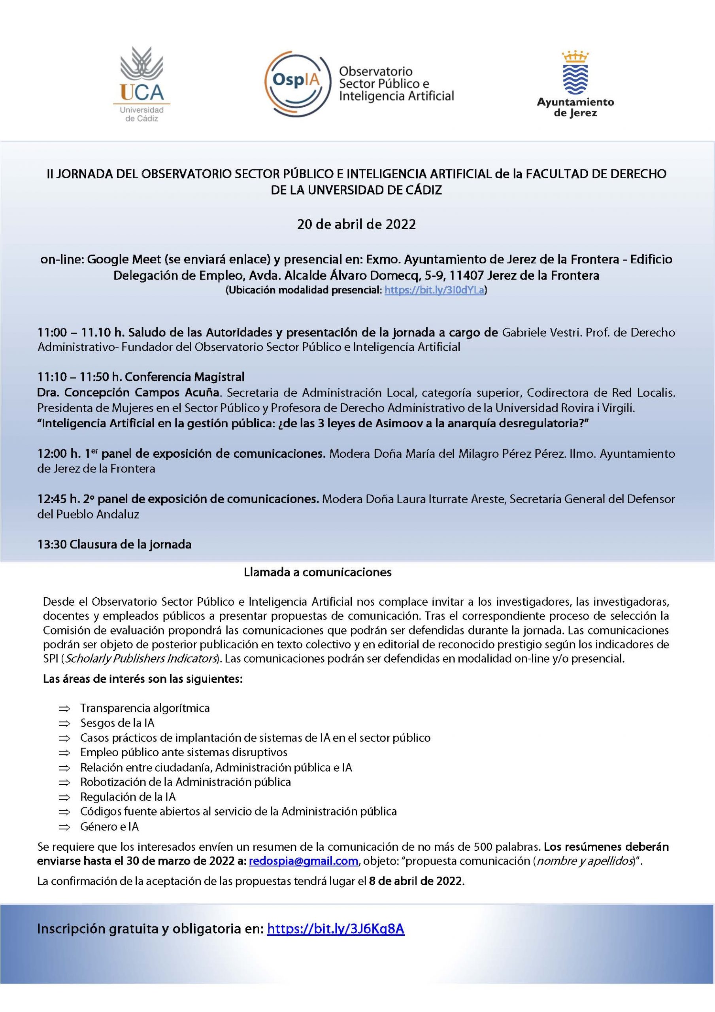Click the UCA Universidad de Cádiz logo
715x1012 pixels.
tap(142, 84)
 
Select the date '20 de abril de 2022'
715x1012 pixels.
tap(357, 225)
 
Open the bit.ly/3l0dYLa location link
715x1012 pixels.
tap(434, 290)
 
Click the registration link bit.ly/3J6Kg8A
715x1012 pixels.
tap(336, 929)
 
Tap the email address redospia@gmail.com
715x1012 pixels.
tap(303, 861)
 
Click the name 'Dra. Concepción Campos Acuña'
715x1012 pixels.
tap(131, 392)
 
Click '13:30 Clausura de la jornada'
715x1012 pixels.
tap(114, 544)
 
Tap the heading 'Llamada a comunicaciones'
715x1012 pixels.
tap(317, 572)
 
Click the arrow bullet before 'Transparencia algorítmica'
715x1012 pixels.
tap(64, 708)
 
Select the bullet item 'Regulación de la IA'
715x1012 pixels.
tap(128, 797)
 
